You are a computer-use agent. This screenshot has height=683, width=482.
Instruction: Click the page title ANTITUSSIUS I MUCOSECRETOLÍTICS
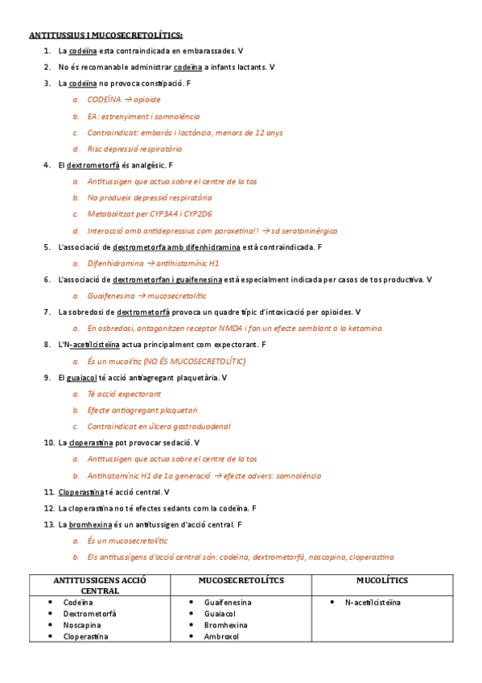pos(105,35)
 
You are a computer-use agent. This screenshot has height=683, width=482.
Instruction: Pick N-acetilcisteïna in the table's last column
pos(373,602)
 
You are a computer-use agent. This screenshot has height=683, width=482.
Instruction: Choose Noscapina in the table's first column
pos(83,624)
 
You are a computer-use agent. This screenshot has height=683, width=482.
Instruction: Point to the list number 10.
pos(49,442)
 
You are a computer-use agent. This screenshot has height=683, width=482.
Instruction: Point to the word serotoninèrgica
pos(307,230)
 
